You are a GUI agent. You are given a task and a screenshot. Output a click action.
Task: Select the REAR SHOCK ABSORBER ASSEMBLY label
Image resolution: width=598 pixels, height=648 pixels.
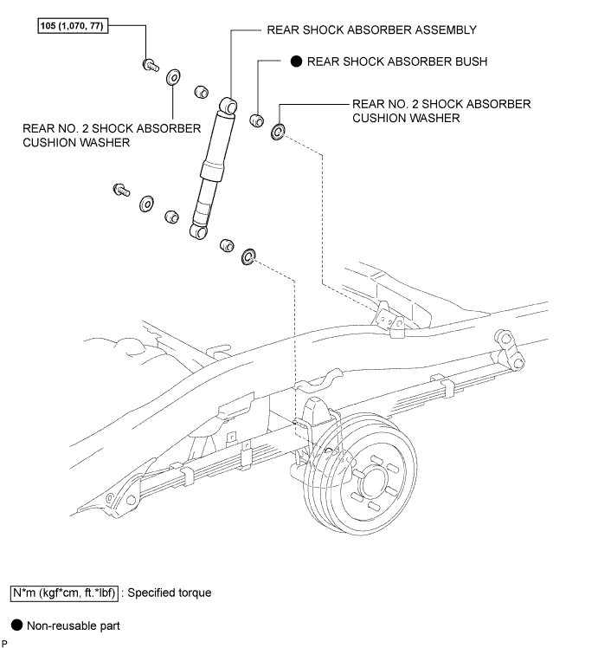pyautogui.click(x=372, y=29)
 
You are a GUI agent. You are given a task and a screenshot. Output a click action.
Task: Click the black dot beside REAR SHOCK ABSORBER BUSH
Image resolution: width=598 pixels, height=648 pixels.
pyautogui.click(x=295, y=62)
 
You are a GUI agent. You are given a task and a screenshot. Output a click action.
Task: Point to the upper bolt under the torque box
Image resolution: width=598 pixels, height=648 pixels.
pyautogui.click(x=149, y=63)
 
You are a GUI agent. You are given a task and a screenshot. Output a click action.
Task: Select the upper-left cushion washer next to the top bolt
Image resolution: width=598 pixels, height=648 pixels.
pyautogui.click(x=173, y=78)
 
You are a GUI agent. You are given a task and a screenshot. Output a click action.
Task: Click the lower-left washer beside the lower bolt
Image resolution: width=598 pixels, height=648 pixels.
pyautogui.click(x=146, y=204)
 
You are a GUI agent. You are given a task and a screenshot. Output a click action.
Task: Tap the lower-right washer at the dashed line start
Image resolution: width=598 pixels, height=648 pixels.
pyautogui.click(x=248, y=257)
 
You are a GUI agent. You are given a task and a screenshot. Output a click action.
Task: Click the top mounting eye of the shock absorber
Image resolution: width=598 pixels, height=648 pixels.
pyautogui.click(x=228, y=105)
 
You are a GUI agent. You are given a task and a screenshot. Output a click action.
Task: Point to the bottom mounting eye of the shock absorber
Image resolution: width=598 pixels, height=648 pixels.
pyautogui.click(x=197, y=230)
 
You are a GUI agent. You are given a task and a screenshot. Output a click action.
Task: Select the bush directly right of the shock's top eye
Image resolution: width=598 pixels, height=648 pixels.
pyautogui.click(x=257, y=120)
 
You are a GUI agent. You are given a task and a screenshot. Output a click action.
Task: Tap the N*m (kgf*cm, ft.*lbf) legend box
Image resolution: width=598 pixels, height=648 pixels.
pyautogui.click(x=64, y=593)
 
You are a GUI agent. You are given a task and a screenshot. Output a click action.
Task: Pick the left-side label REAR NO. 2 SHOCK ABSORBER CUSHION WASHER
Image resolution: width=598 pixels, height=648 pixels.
pyautogui.click(x=113, y=135)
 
